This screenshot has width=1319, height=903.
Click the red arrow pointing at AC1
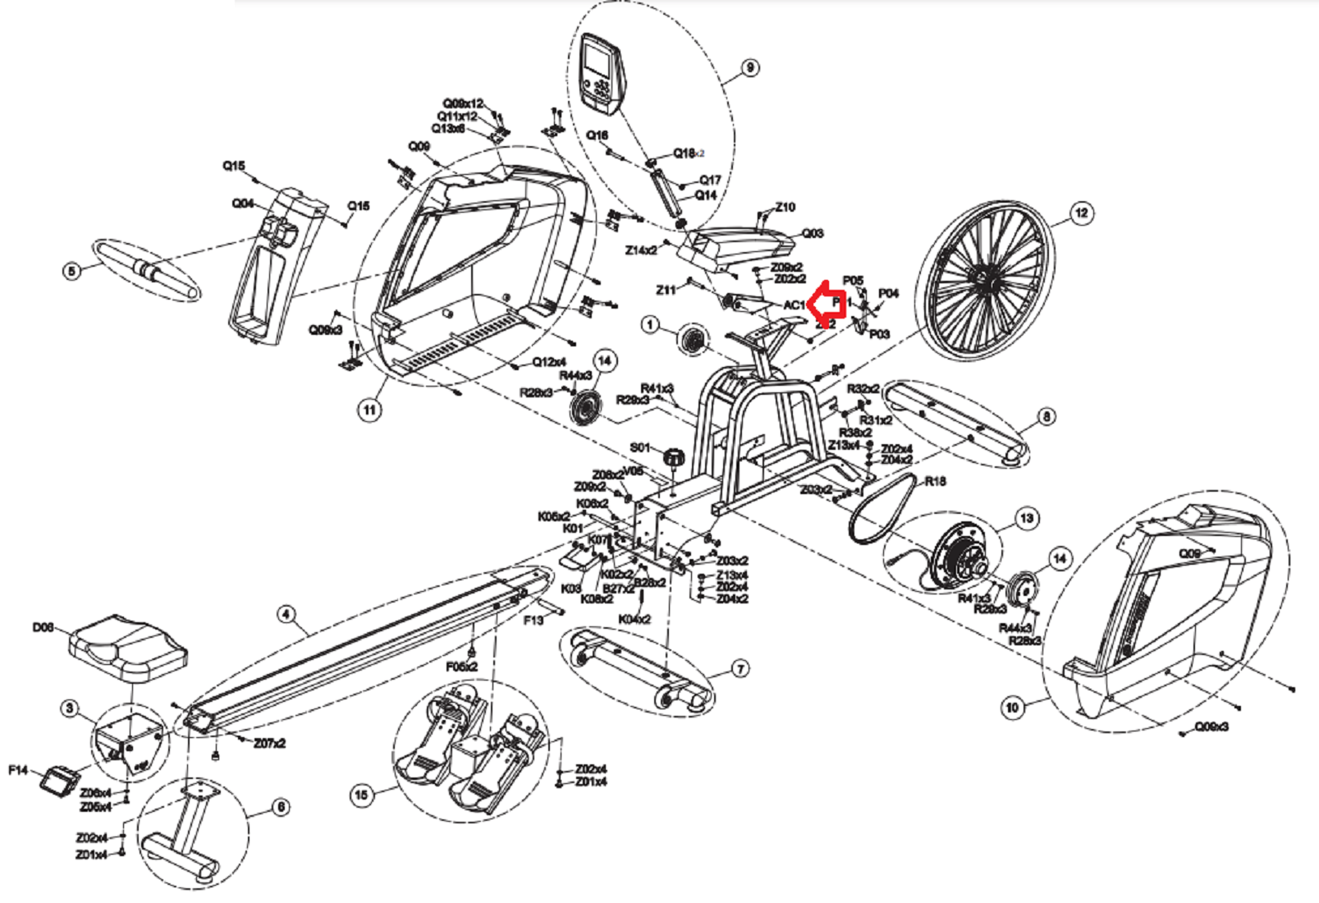(x=827, y=304)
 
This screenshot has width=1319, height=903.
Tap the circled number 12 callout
(x=1082, y=213)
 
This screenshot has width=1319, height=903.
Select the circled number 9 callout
(x=749, y=68)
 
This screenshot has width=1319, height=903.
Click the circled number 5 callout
(x=73, y=270)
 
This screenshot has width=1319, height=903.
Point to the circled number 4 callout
(x=286, y=614)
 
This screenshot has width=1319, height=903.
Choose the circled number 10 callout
(x=1012, y=707)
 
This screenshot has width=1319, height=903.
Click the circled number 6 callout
(x=281, y=807)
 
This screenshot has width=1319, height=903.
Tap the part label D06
(x=43, y=628)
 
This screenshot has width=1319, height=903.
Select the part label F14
(x=18, y=770)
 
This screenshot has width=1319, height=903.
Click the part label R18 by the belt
(x=935, y=481)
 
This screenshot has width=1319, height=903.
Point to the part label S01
(x=639, y=447)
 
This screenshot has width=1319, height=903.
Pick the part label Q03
(x=812, y=233)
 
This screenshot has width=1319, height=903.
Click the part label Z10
(x=785, y=207)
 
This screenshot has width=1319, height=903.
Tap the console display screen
(x=598, y=62)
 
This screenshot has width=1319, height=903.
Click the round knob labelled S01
(x=674, y=456)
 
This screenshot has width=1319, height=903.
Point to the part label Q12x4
(x=548, y=362)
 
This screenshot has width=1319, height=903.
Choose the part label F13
(x=534, y=621)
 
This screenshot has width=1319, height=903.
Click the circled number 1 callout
(x=650, y=326)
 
